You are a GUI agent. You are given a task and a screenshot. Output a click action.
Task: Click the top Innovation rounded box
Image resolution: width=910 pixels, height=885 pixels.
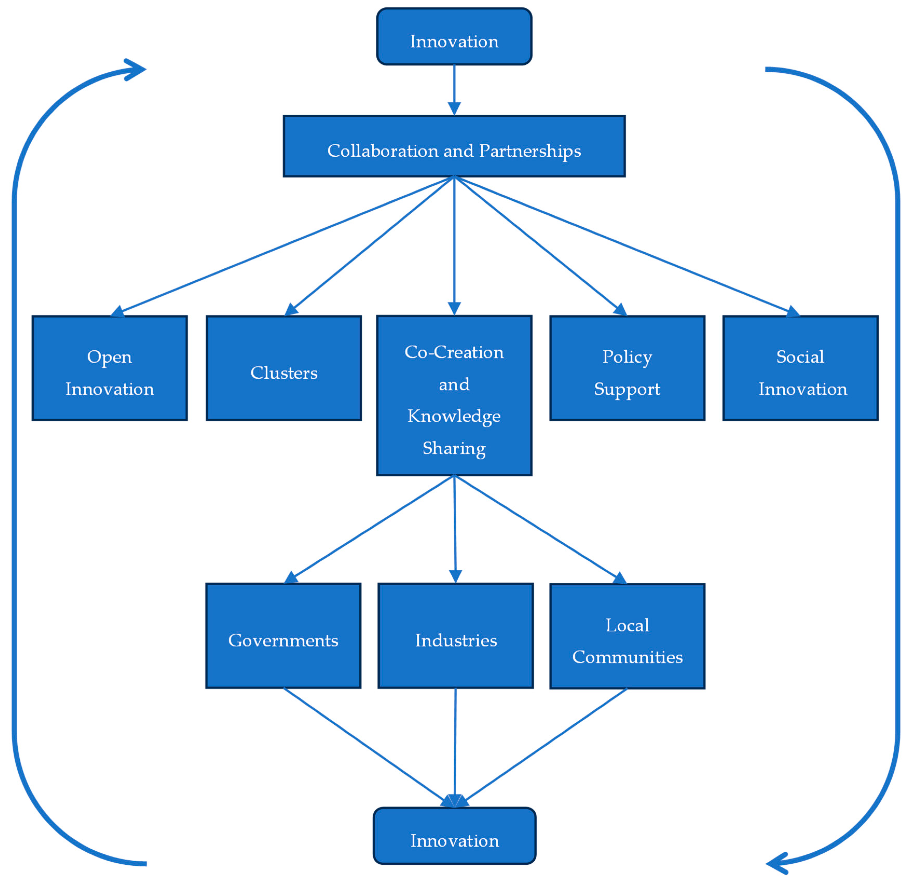coord(454,36)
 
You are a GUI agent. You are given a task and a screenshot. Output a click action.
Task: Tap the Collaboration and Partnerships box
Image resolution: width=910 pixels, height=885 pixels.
coord(454,146)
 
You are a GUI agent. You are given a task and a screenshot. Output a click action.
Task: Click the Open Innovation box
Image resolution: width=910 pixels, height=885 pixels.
coord(110,368)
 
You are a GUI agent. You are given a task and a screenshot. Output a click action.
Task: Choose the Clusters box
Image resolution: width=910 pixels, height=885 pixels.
coord(284,368)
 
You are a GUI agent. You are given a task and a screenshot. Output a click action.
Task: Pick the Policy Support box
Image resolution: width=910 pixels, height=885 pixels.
coord(627,368)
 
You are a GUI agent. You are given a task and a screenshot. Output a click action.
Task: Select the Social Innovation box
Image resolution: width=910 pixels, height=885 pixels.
coord(800,368)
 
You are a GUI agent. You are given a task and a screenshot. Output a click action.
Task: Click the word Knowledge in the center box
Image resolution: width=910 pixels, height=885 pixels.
coord(454,416)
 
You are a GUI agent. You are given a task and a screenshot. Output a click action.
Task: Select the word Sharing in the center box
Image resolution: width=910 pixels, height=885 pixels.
coord(454,448)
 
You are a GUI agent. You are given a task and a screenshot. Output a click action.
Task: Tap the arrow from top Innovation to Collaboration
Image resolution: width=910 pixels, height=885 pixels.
coord(454,88)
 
